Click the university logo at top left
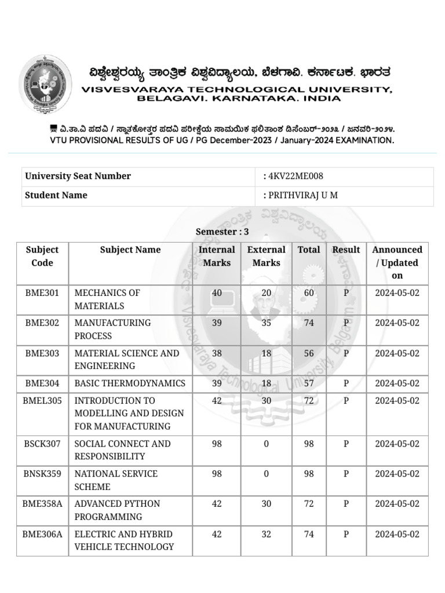(x=46, y=85)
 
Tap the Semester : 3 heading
(x=222, y=232)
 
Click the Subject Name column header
(x=130, y=250)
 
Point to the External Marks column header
(x=266, y=256)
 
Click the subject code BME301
(x=42, y=292)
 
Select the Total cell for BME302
(x=309, y=323)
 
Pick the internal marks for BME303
(x=217, y=353)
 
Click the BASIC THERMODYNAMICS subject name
(x=130, y=383)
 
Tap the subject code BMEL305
(x=42, y=400)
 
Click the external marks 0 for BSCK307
(x=266, y=444)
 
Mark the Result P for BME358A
(x=346, y=504)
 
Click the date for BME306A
(x=397, y=534)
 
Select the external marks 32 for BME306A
(x=266, y=534)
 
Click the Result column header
(x=346, y=250)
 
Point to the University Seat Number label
(x=78, y=176)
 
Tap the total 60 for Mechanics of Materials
(x=309, y=292)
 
